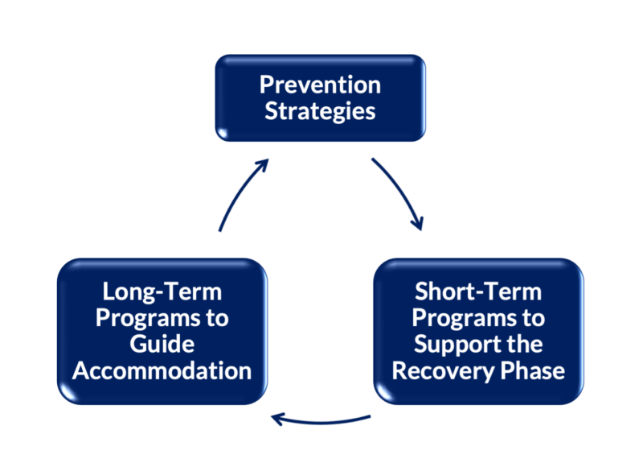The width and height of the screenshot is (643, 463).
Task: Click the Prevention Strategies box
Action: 320,98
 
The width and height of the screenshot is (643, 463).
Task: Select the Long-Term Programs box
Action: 162,331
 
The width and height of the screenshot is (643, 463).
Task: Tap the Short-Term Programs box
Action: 478,331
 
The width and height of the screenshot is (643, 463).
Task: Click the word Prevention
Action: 320,85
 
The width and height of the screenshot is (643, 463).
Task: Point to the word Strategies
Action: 320,111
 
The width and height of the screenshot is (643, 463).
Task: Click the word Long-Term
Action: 162,291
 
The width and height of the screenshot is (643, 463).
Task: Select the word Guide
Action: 162,344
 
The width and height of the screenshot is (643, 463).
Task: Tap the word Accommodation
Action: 162,370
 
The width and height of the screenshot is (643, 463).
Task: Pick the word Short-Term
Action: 478,291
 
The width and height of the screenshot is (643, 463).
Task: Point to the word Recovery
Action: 441,370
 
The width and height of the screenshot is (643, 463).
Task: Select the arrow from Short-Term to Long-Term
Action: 321,420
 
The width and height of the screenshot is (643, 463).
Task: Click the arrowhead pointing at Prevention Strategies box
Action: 262,164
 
